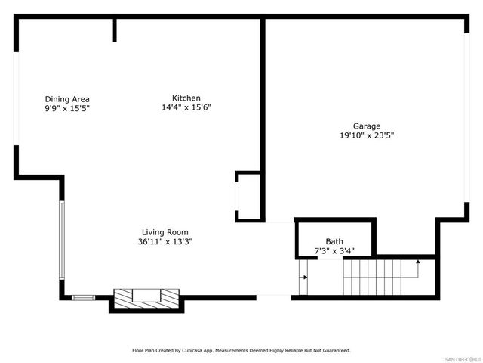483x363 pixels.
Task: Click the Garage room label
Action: [366, 126]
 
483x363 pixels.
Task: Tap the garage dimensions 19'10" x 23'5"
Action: [366, 136]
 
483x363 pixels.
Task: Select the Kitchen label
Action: [186, 98]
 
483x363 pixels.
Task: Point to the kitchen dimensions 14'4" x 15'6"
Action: [186, 108]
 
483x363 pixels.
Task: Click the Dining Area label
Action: [67, 99]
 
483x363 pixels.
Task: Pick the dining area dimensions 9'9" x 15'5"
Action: [67, 109]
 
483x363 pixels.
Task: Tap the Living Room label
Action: [165, 232]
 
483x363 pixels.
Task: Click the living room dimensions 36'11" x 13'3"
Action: [165, 242]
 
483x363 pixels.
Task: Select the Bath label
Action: [334, 241]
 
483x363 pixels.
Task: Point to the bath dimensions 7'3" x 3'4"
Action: [334, 250]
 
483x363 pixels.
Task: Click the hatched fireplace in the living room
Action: [146, 299]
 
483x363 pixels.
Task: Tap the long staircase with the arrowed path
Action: [377, 276]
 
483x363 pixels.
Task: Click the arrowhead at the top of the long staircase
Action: [418, 261]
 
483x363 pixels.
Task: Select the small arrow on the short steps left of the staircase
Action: [304, 277]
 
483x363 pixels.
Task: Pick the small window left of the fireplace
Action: [83, 297]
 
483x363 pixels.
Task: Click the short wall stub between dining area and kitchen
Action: [115, 29]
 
